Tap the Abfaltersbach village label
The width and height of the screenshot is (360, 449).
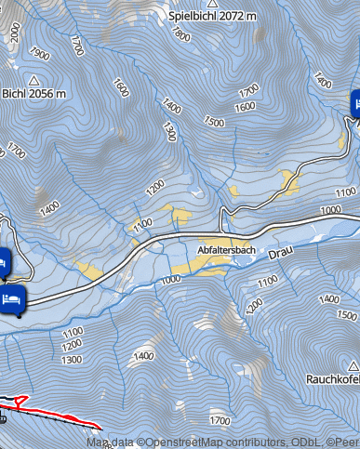click(226, 250)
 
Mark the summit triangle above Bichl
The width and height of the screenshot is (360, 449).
click(33, 80)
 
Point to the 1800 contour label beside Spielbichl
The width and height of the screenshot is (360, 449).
click(179, 35)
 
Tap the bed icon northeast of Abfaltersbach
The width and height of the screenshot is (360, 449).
click(356, 103)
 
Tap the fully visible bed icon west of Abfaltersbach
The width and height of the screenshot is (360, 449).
click(13, 301)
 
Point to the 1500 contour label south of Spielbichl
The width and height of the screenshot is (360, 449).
click(214, 122)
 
